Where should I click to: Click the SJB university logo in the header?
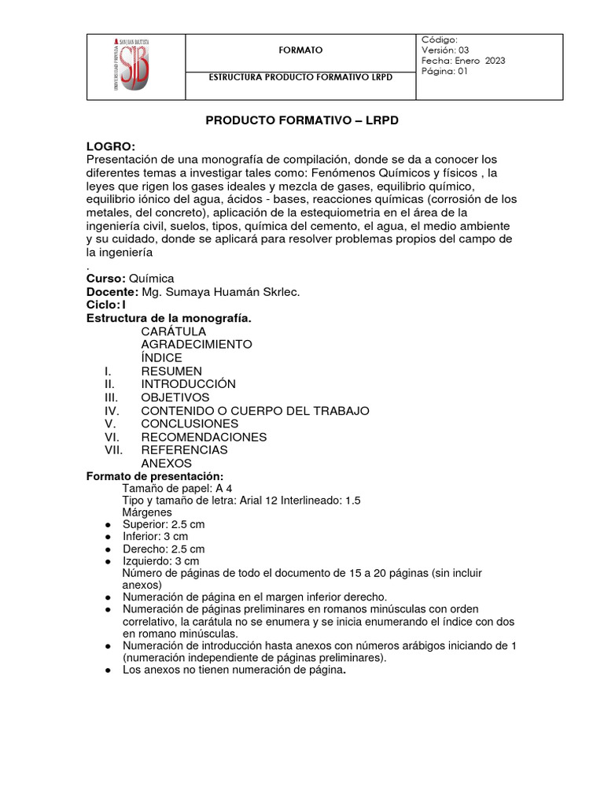point(135,66)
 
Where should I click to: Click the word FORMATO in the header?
point(300,50)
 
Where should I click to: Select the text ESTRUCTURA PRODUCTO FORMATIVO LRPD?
point(300,78)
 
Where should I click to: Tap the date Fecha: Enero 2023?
point(463,61)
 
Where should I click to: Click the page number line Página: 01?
point(445,72)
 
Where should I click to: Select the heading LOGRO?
point(111,146)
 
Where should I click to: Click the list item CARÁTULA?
point(173,331)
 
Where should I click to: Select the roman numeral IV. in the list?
point(111,411)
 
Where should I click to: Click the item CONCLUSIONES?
point(189,423)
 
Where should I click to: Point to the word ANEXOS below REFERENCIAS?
point(166,464)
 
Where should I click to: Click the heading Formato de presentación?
point(155,477)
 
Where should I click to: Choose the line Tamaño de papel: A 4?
point(177,488)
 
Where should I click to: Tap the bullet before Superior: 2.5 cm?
point(107,525)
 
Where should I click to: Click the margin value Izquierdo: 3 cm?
point(160,561)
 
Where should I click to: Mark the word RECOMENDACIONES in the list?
point(204,437)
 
